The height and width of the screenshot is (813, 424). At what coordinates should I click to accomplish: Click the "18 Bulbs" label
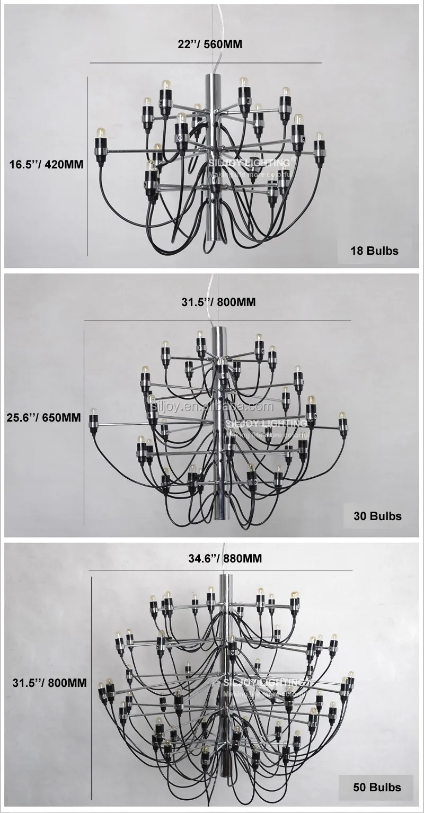pos(374,251)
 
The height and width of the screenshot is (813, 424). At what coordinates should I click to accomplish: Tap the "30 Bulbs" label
pos(377,516)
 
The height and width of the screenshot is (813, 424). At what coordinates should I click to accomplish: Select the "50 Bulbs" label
pos(377,787)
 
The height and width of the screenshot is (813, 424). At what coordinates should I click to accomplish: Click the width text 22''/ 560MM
pos(210,44)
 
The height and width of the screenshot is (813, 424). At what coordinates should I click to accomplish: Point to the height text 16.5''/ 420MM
pos(47,164)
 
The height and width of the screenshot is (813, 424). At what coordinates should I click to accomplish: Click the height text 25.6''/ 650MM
pos(43,418)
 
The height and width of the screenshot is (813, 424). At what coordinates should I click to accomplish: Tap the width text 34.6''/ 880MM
pos(218,558)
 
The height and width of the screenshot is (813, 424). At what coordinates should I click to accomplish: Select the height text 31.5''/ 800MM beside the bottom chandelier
pos(49,683)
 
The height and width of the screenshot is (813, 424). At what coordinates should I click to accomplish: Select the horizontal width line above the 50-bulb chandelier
pos(220,570)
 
